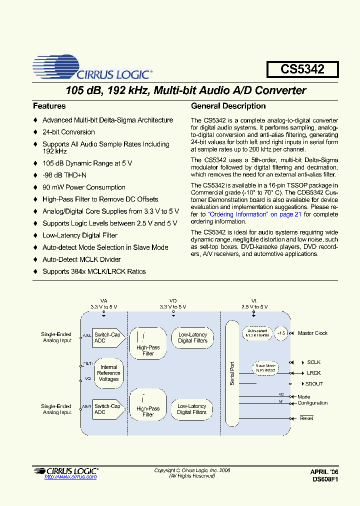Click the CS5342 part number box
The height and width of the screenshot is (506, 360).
[x=302, y=69]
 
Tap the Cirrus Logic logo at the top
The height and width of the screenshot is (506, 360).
[x=92, y=68]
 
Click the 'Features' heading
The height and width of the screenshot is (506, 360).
[x=49, y=106]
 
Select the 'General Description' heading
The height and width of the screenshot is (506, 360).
[x=228, y=106]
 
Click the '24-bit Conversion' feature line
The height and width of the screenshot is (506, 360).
[x=68, y=132]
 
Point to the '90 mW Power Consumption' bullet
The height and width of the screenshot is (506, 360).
[x=83, y=187]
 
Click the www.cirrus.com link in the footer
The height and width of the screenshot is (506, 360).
[x=70, y=477]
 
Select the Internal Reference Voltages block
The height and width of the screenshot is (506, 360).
[x=108, y=373]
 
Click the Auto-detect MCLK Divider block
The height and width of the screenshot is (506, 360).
[x=256, y=333]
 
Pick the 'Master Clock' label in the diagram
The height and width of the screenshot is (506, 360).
[x=312, y=333]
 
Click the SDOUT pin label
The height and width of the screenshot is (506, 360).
[x=314, y=383]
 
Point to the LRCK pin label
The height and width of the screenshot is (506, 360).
[x=313, y=373]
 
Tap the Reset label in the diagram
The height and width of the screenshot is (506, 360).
[x=306, y=418]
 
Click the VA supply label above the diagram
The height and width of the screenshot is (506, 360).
[x=104, y=301]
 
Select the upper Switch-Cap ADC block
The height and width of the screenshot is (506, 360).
[x=107, y=337]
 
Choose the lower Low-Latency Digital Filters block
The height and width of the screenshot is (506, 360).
[x=192, y=409]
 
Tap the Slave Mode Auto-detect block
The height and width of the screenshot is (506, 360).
[x=265, y=367]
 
